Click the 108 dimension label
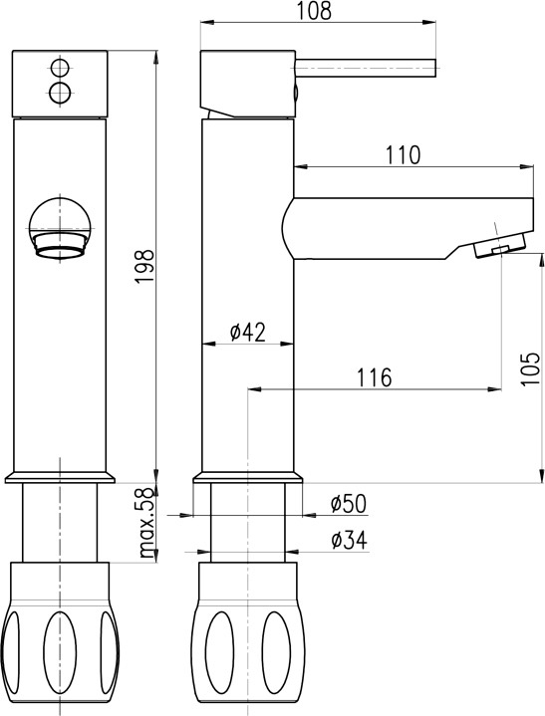click(x=314, y=11)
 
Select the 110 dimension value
click(x=403, y=155)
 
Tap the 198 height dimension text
click(x=144, y=266)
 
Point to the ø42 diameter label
click(x=248, y=332)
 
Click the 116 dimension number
click(x=375, y=377)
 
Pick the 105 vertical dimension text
click(x=531, y=369)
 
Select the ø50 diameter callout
click(x=349, y=504)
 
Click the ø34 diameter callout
click(x=349, y=540)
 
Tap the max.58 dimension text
click(x=145, y=523)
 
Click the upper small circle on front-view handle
click(x=60, y=69)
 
